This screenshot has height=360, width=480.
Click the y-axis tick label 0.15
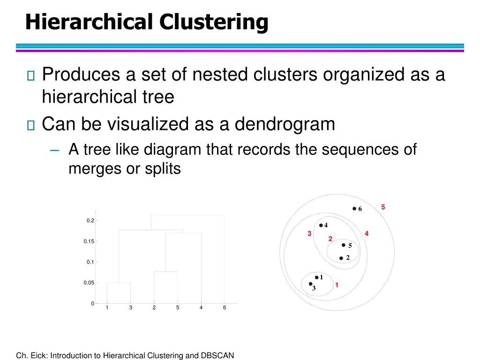(x=88, y=241)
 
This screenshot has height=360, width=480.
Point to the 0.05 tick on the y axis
(x=88, y=283)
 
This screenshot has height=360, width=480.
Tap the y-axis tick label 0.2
(x=90, y=221)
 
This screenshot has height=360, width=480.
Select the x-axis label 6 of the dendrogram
(x=225, y=307)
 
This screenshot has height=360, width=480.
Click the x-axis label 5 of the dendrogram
(x=178, y=307)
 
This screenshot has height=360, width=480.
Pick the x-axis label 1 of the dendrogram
(x=107, y=307)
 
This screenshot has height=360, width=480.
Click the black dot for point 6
(x=354, y=209)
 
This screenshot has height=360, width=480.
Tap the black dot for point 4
(x=321, y=225)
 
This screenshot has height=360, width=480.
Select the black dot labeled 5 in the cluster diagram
(x=344, y=245)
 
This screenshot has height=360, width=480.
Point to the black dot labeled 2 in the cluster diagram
(x=341, y=258)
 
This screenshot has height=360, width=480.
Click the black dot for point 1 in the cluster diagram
(x=316, y=277)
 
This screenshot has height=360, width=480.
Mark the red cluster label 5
(x=383, y=207)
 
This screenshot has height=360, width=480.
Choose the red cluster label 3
(x=309, y=233)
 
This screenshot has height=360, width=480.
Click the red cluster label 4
(x=367, y=233)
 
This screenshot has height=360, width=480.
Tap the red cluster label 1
(x=337, y=285)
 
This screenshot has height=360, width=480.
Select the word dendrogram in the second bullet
(x=285, y=124)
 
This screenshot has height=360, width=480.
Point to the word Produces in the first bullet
(x=80, y=74)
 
